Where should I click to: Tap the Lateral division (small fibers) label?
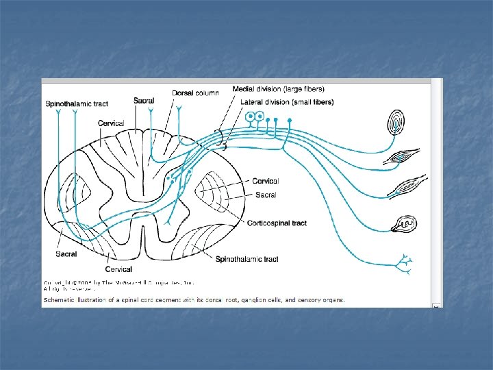[287, 102]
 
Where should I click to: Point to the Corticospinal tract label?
[277, 223]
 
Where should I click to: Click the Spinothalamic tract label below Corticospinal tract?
[246, 259]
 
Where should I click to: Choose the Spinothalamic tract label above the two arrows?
[77, 104]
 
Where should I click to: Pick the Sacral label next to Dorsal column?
[144, 101]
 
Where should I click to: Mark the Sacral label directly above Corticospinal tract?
[266, 195]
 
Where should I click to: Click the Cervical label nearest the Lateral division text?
[266, 181]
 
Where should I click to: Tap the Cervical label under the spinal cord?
[118, 269]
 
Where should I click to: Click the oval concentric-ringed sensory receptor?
[396, 124]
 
